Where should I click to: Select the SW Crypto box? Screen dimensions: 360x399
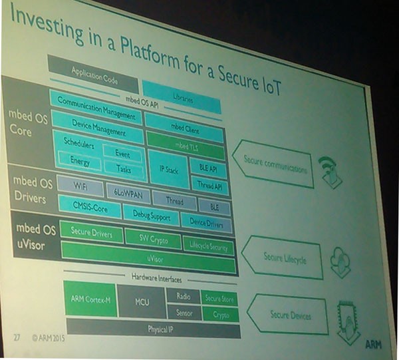tap(153, 238)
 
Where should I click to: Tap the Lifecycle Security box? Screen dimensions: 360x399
tap(209, 246)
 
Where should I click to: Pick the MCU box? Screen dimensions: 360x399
tap(142, 302)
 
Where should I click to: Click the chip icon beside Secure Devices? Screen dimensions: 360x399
tap(349, 319)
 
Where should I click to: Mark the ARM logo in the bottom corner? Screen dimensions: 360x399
tap(372, 345)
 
